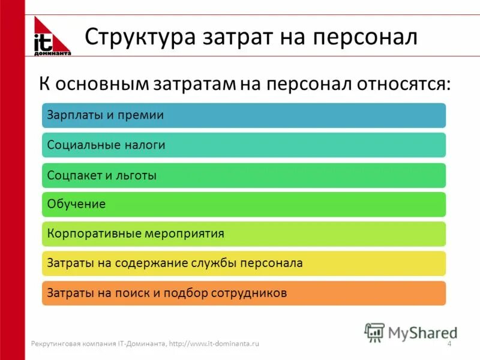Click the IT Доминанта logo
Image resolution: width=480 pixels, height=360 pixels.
tap(52, 37)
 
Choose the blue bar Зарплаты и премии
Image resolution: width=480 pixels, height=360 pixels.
tap(244, 115)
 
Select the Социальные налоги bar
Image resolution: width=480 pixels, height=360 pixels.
tap(244, 145)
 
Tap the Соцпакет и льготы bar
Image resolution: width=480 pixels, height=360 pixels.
tap(244, 175)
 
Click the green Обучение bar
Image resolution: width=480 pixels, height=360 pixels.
tap(244, 205)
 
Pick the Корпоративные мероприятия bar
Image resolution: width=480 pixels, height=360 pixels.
tap(244, 234)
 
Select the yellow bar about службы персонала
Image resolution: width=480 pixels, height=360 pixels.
tap(244, 263)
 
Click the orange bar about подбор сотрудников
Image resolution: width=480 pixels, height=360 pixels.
tap(244, 293)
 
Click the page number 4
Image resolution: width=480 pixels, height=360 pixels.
tap(449, 344)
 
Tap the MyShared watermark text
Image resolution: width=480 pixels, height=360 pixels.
tap(422, 332)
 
